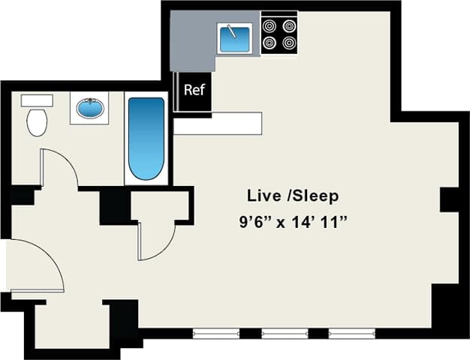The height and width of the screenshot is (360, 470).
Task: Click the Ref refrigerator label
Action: pos(194,90)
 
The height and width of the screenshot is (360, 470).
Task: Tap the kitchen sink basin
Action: pos(234,37)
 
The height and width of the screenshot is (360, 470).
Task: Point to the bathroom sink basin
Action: pos(89,109)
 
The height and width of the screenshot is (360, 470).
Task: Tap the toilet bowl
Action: pos(36,122)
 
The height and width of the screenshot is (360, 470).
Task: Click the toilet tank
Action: pos(36,100)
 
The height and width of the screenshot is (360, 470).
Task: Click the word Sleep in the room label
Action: pos(315,196)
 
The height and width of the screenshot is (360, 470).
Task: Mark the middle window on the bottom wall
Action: pos(285,332)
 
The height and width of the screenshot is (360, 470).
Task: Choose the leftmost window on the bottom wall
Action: pos(216,332)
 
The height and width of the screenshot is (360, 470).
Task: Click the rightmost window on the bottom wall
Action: pos(352,332)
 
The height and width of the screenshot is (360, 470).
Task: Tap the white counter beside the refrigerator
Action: pos(218,124)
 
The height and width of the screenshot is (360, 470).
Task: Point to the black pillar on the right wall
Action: pos(449,199)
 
